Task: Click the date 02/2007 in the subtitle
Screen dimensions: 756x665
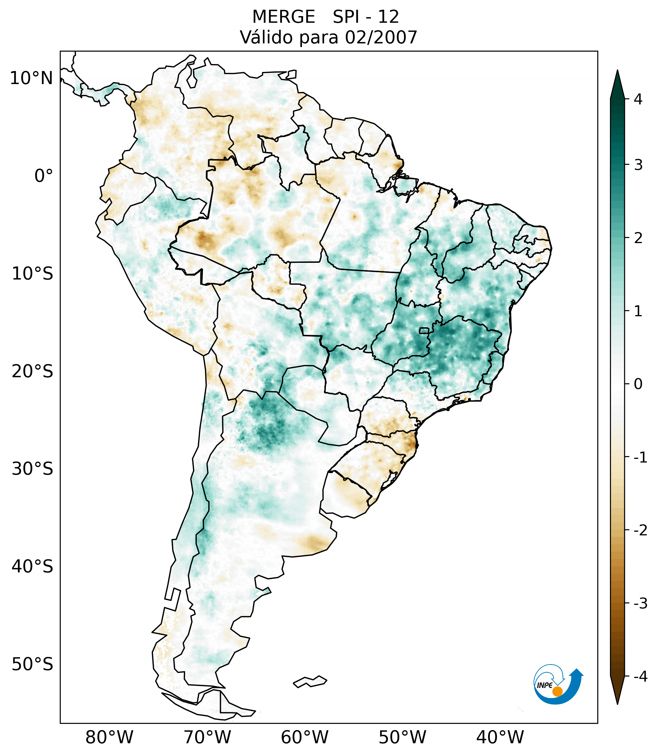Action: pos(381,37)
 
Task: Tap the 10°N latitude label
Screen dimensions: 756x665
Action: pos(32,78)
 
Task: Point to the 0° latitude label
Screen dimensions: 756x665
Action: pos(44,176)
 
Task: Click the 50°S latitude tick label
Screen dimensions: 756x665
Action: pos(32,664)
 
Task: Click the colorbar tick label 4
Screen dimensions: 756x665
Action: pos(638,99)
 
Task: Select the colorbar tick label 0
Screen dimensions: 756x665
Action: pos(638,384)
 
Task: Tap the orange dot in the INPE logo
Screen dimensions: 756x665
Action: pos(557,691)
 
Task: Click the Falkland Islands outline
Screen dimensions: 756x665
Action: pos(310,681)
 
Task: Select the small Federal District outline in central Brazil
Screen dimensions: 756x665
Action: pos(425,330)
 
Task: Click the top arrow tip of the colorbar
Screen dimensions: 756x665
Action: pos(617,71)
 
